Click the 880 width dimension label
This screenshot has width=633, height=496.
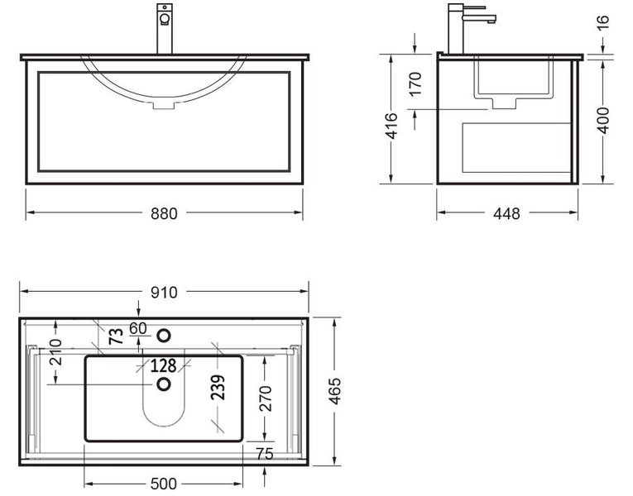(x=165, y=213)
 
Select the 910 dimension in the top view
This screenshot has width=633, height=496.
(x=165, y=293)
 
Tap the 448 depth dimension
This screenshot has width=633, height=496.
(x=506, y=214)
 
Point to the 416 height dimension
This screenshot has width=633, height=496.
(x=393, y=124)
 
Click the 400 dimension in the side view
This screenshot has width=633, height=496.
(x=603, y=121)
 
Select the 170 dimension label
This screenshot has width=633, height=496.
(x=415, y=83)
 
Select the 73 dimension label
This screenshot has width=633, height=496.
(x=116, y=336)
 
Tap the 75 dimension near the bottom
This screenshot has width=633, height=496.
(x=265, y=453)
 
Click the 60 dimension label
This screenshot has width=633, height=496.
(x=138, y=328)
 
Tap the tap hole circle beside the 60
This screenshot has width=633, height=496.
(x=164, y=335)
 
